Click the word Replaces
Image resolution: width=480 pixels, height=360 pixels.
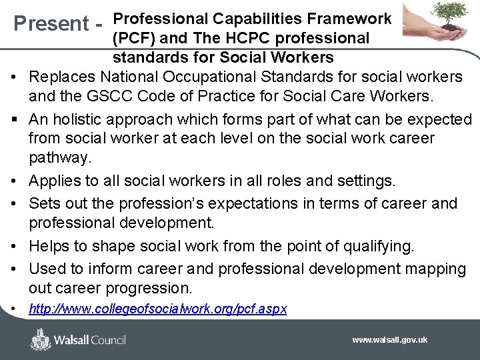pos(65,77)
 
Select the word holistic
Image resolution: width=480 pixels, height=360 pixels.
pos(88,119)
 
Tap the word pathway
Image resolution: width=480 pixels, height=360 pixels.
pos(59,158)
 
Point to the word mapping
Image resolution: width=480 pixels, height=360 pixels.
pos(433,269)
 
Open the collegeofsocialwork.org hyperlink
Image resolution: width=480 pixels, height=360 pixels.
pos(158,311)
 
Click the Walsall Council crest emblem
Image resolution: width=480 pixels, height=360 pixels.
pos(41,339)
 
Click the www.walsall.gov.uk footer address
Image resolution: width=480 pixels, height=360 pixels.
pos(390,340)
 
